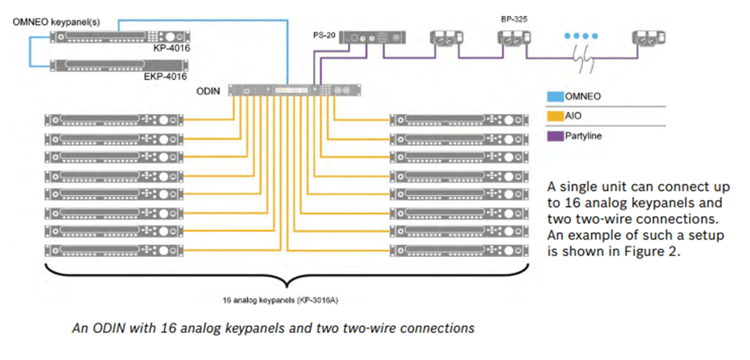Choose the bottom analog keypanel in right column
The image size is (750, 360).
[x=457, y=251]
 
